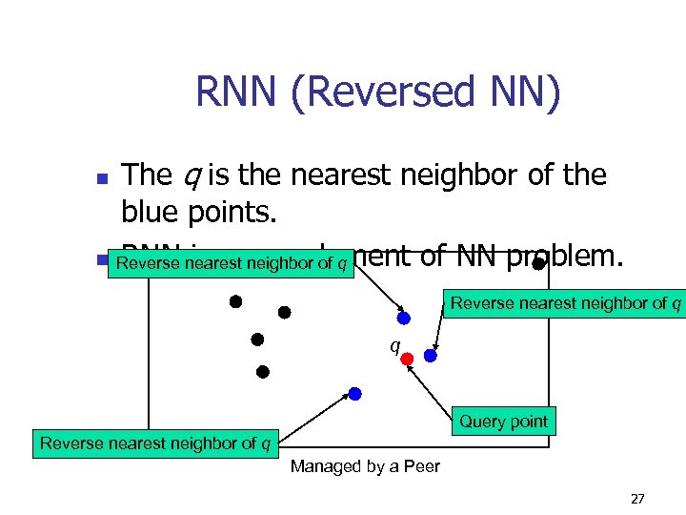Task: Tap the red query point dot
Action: click(x=407, y=359)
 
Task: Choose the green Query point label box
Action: click(x=503, y=422)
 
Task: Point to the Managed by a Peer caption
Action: click(x=365, y=466)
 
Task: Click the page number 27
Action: click(x=637, y=499)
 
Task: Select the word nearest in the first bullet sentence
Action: click(x=347, y=175)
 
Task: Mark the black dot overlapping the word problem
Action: click(x=538, y=262)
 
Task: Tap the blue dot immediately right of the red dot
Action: click(x=431, y=355)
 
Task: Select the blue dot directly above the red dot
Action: click(x=403, y=318)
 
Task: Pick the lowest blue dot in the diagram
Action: click(x=354, y=393)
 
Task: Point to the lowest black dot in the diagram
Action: click(x=263, y=371)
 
